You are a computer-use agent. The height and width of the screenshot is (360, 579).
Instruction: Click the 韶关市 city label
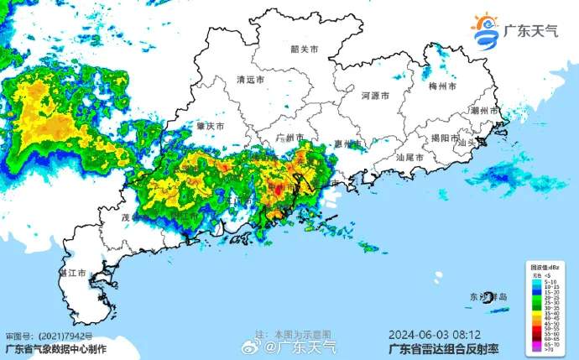[x=305, y=50]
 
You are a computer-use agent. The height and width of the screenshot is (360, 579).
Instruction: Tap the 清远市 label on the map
[x=250, y=81]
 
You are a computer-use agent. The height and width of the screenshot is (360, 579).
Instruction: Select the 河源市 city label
[x=375, y=97]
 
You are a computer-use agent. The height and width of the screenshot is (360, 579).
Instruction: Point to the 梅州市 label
[x=441, y=86]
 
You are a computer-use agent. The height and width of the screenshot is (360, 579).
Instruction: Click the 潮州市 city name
[x=485, y=111]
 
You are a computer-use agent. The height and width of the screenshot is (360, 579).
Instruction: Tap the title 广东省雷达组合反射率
[x=434, y=346]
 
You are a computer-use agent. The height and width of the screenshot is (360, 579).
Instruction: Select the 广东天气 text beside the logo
[x=530, y=32]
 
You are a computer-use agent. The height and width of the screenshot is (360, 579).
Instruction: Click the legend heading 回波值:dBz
[x=546, y=267]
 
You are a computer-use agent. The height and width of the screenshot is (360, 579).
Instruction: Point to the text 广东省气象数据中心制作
[x=56, y=347]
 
